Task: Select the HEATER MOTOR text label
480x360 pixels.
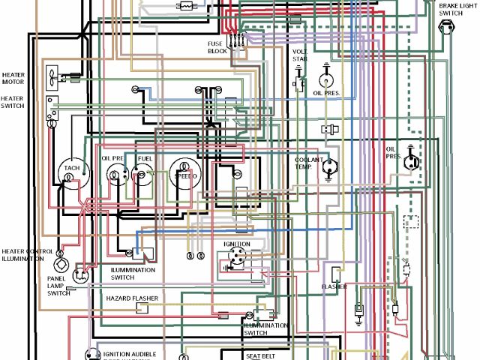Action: (x=13, y=78)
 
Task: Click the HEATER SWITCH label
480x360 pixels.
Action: (x=12, y=102)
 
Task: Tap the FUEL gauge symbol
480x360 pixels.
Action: (x=142, y=175)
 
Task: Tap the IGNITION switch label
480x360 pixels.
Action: (x=235, y=244)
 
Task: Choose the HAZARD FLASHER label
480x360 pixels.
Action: (x=132, y=298)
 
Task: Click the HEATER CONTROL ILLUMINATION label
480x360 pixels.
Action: (x=28, y=256)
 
